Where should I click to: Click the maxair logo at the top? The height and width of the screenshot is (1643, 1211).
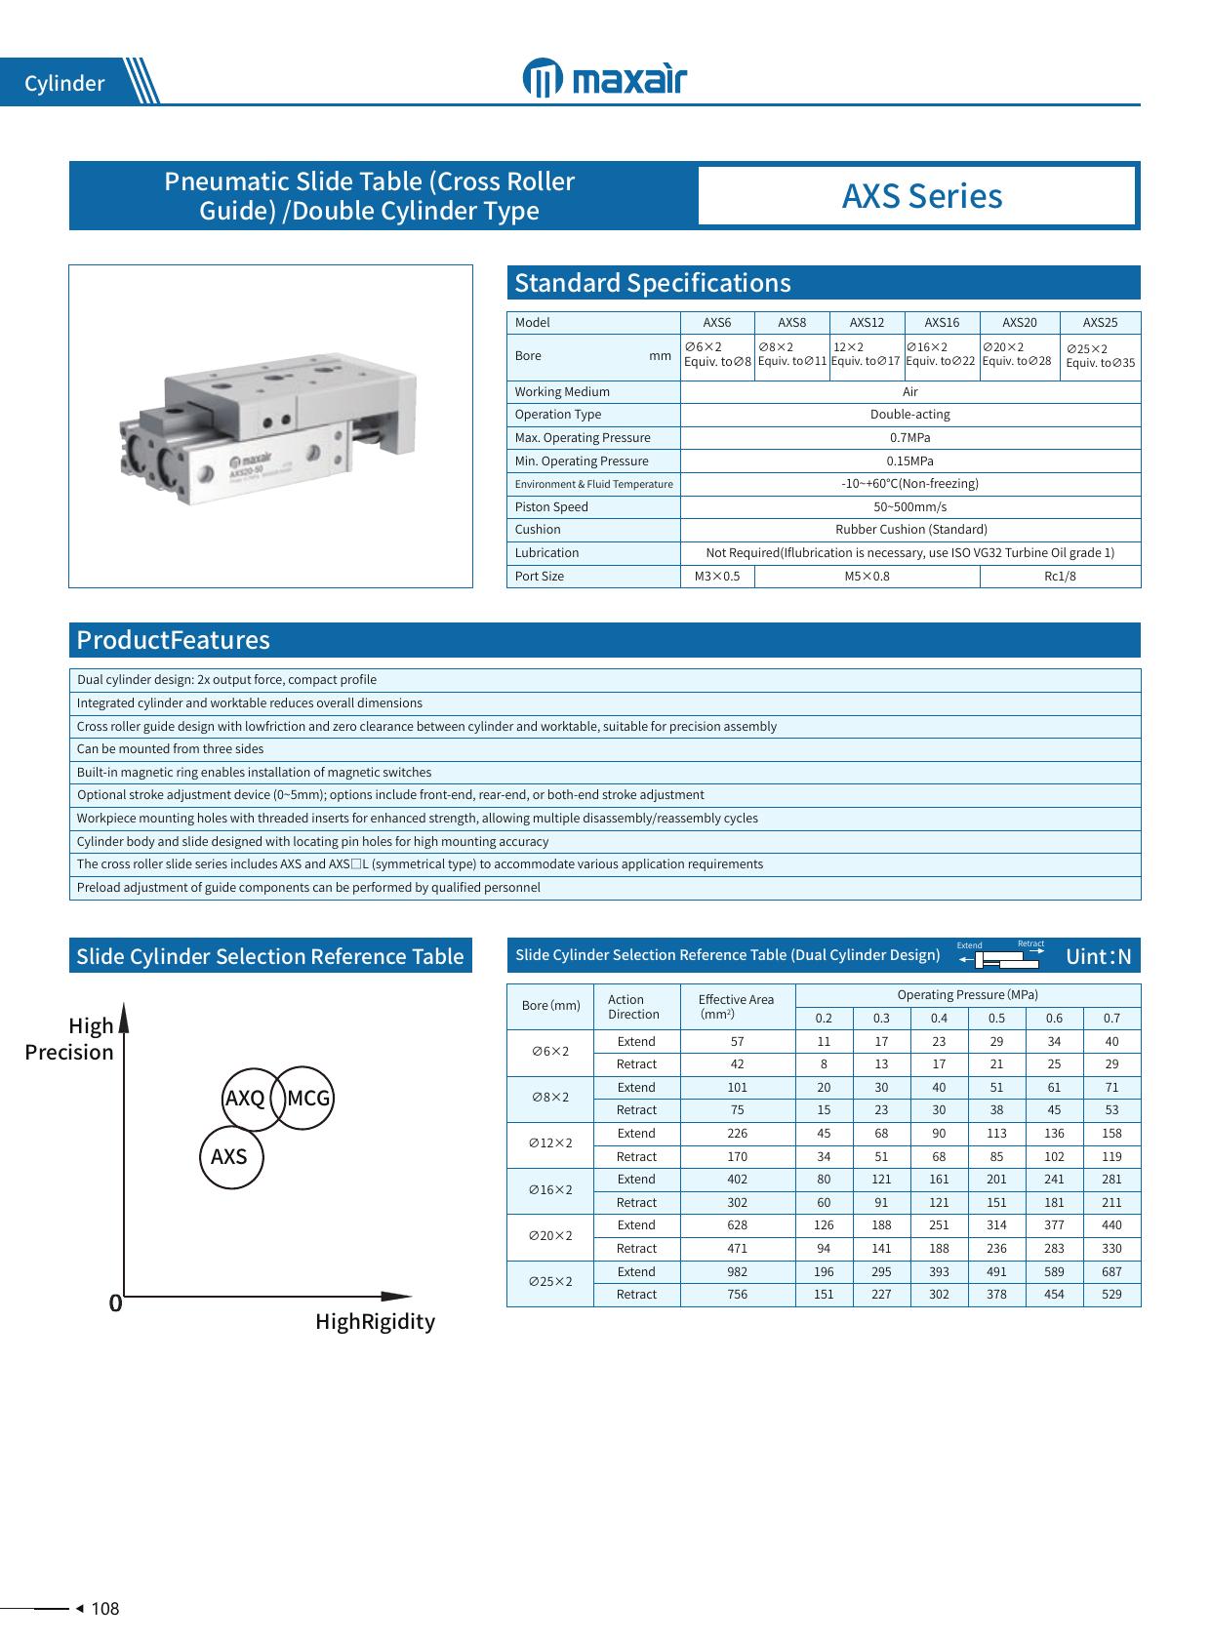tap(604, 80)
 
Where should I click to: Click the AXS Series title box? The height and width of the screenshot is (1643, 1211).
tap(921, 196)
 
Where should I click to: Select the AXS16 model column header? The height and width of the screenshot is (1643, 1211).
tap(942, 323)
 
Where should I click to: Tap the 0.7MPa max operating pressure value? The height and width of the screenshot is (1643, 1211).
tap(909, 438)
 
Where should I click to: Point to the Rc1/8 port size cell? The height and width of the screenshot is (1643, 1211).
tap(1060, 577)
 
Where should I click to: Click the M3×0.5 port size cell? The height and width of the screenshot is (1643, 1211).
tap(717, 577)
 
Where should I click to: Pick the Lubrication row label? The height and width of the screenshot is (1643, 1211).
tap(546, 553)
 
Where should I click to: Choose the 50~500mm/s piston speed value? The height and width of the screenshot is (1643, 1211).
tap(909, 507)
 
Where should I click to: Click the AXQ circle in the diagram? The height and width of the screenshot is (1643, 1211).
tap(245, 1099)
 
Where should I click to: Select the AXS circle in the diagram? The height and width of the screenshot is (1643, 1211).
tap(230, 1157)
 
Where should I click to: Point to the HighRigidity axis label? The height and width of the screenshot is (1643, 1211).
tap(375, 1322)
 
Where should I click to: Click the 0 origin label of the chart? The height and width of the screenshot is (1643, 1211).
tap(115, 1303)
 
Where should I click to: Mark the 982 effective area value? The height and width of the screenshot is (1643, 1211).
tap(737, 1272)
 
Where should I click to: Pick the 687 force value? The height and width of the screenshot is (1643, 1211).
tap(1111, 1272)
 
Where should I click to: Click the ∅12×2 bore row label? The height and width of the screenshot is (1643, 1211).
tap(550, 1143)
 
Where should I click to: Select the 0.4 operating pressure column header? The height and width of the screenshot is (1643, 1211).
tap(939, 1019)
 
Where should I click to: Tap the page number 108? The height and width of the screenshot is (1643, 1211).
tap(104, 1609)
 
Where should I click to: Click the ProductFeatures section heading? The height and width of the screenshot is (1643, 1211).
tap(173, 640)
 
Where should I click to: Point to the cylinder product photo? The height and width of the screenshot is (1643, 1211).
tap(270, 426)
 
